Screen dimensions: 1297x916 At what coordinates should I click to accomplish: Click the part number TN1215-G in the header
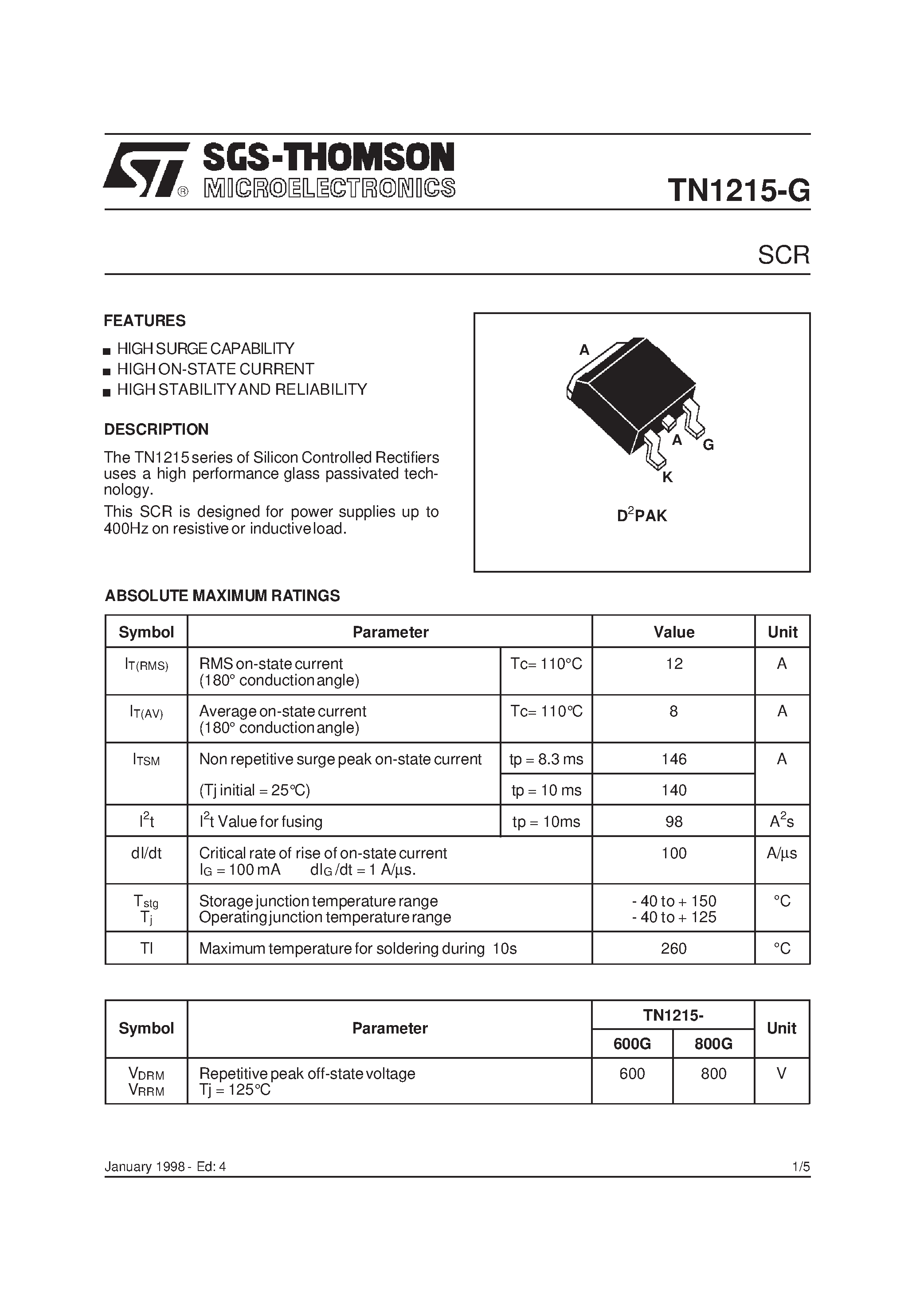[738, 190]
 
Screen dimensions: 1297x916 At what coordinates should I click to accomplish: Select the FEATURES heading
[145, 321]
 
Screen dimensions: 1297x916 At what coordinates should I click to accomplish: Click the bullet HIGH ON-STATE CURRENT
[215, 369]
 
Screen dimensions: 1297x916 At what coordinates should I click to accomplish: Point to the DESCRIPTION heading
[157, 429]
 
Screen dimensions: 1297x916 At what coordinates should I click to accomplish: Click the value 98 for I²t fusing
[674, 821]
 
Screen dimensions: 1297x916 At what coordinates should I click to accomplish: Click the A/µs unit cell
[782, 853]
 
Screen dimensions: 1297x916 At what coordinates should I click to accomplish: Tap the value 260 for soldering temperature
[674, 948]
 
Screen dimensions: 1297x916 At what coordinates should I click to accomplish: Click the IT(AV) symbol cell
[146, 712]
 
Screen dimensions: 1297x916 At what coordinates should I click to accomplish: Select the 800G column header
[713, 1043]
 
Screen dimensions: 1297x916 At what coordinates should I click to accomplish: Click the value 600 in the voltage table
[632, 1073]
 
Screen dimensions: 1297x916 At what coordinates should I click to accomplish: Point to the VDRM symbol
[146, 1074]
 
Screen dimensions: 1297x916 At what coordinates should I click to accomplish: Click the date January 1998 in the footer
[145, 1167]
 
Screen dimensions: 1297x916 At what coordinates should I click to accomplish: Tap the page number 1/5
[801, 1167]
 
